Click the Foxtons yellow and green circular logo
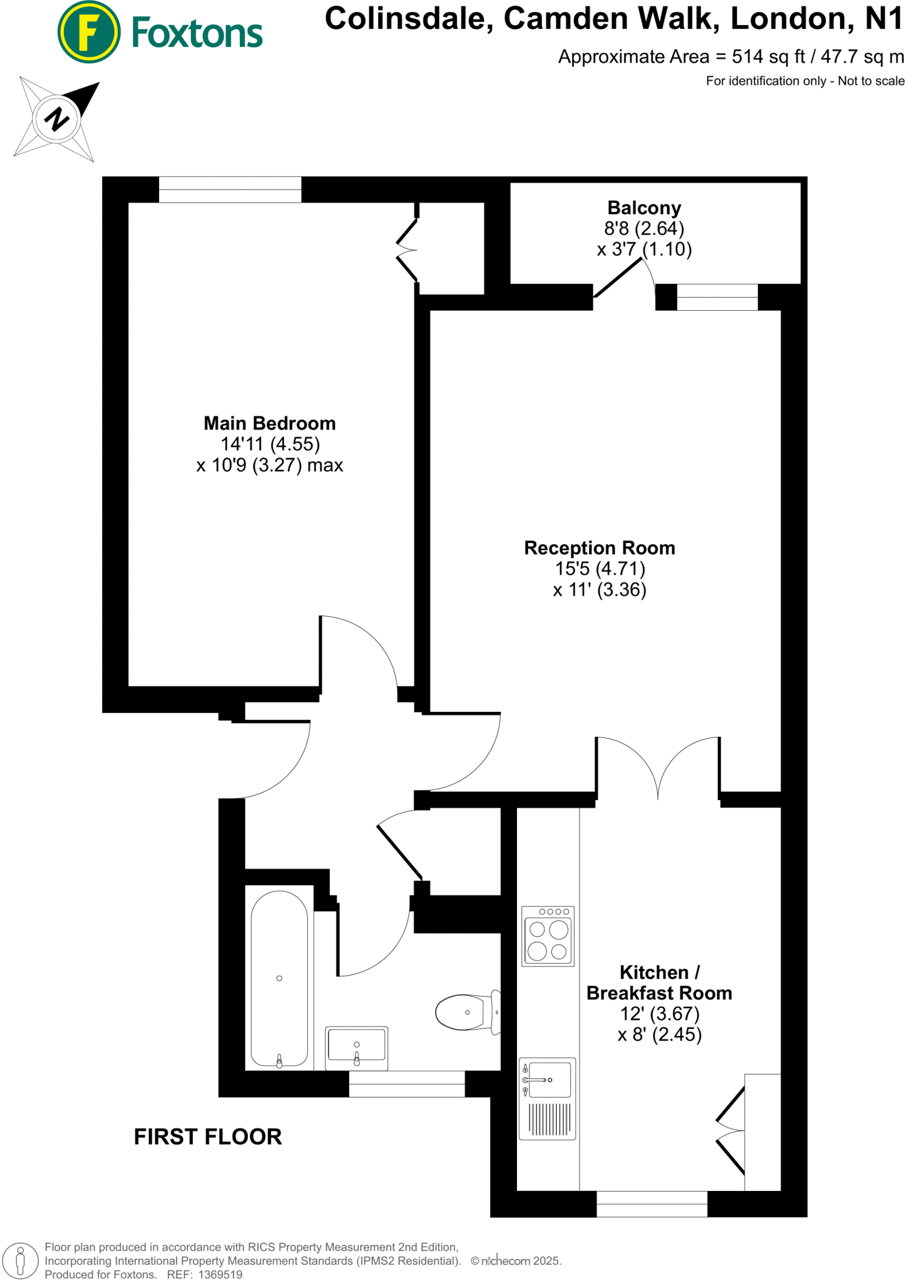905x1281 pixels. click(89, 32)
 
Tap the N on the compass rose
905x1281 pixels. click(57, 118)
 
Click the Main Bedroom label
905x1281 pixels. click(270, 423)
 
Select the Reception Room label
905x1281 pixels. click(600, 548)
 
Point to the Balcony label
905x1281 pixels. click(644, 208)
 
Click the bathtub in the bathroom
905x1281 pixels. click(279, 979)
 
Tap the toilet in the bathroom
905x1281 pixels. click(467, 1012)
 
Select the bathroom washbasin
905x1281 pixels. click(356, 1048)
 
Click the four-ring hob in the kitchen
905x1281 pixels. click(548, 936)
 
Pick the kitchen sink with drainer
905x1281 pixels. click(547, 1098)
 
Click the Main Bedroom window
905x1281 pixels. click(230, 190)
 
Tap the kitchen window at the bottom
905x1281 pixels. click(652, 1203)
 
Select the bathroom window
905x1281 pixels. click(407, 1083)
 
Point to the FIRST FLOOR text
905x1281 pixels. click(208, 1137)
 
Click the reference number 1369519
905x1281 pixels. click(220, 1274)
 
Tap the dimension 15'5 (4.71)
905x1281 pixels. click(600, 569)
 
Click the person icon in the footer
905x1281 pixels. click(20, 1260)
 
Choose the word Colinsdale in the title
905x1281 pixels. click(405, 19)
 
